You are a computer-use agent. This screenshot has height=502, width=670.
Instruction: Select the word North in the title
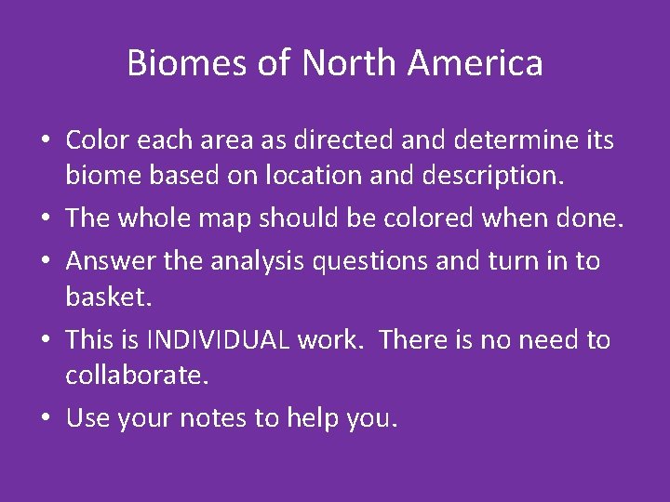(348, 63)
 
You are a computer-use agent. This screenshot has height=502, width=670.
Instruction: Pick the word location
(333, 176)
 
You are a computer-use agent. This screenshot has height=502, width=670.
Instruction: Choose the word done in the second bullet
(587, 218)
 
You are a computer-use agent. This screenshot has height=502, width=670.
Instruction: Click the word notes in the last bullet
(216, 418)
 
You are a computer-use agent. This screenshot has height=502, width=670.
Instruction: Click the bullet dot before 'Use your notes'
(44, 419)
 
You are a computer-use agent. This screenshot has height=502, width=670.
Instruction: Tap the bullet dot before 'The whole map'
(44, 218)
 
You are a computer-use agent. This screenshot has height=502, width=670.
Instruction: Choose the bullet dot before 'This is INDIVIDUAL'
(44, 340)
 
